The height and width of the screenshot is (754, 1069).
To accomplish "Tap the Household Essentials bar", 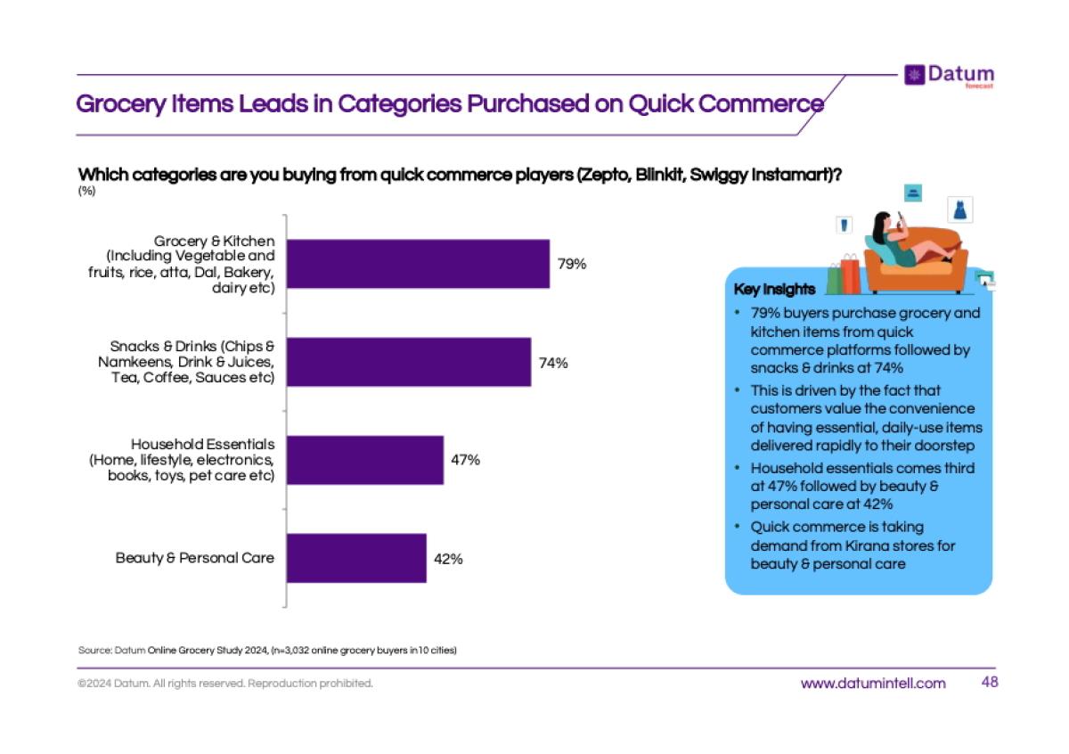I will point(364,460).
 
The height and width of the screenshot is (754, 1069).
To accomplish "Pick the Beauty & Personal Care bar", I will point(355,558).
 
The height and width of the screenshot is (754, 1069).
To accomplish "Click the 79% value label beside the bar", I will point(572,264).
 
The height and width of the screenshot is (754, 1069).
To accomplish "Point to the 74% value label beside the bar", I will point(553,363).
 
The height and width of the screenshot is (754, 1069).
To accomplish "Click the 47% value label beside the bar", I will point(466,460).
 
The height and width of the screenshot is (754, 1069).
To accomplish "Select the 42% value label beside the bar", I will point(448,559).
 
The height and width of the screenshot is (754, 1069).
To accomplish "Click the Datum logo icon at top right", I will point(914,75).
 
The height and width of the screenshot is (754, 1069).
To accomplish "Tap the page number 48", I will point(989,683).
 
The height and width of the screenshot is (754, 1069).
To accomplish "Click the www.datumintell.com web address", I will point(873,684).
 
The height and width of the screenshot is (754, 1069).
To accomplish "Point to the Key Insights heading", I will point(774,290).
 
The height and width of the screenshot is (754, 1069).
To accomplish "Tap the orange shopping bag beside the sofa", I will point(851,275).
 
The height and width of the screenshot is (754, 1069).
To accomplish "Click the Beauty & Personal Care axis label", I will point(194,558).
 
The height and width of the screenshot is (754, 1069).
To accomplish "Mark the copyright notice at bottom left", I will point(224,684).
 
